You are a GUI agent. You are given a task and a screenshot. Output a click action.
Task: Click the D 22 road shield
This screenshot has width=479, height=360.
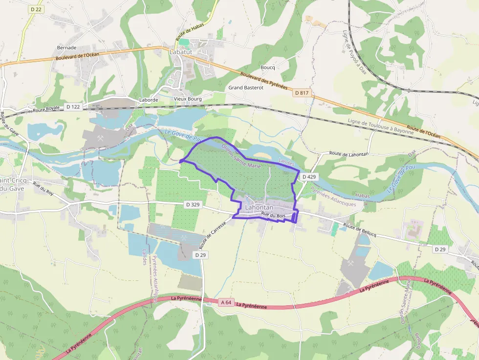[35, 9]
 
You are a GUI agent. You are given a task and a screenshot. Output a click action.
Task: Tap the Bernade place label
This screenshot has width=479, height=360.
[66, 47]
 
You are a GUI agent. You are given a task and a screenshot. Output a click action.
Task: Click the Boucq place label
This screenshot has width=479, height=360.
[268, 67]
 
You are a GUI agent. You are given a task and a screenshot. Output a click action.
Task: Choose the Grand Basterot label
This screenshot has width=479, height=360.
[246, 88]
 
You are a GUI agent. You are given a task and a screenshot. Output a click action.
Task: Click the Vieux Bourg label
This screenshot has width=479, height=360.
[188, 99]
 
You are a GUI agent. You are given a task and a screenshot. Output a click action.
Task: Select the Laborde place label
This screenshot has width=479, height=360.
[149, 100]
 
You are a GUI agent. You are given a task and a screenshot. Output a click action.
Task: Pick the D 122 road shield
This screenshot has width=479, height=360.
[73, 106]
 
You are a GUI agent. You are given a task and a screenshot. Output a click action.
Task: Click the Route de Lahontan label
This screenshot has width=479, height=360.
[348, 154]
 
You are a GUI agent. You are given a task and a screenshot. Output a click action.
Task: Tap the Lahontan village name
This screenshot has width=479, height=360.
[259, 207]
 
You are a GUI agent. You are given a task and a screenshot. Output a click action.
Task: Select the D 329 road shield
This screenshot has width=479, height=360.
[193, 205]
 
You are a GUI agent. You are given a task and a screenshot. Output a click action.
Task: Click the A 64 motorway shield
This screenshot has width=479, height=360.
[225, 302]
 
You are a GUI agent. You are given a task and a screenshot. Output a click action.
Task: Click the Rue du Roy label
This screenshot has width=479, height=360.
[44, 188]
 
